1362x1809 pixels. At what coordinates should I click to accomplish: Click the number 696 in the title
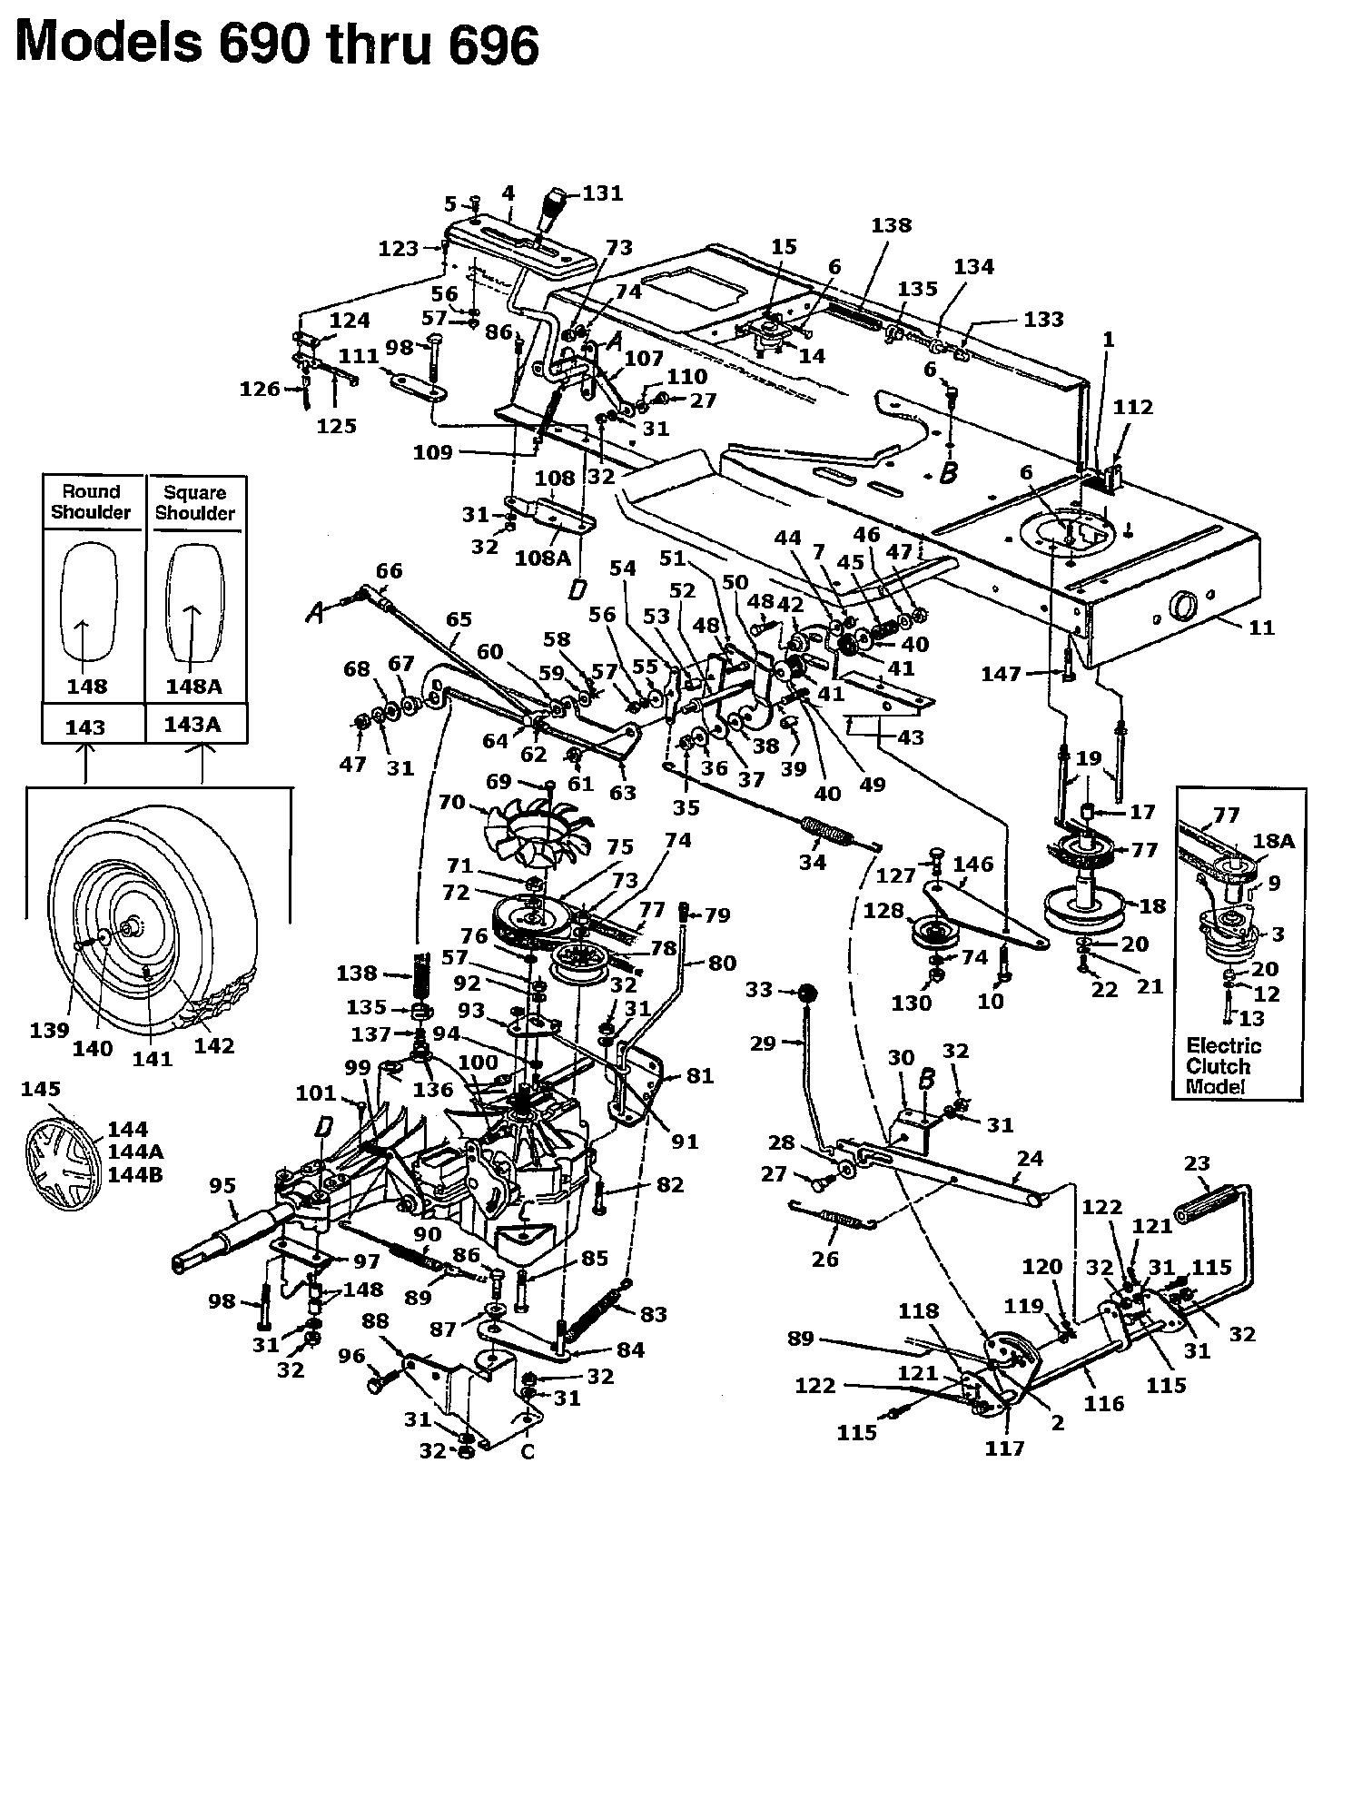click(493, 44)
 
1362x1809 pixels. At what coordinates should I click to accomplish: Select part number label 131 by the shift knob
click(603, 193)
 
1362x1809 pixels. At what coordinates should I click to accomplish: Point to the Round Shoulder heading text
click(91, 501)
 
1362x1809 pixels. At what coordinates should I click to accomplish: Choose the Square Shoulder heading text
click(195, 502)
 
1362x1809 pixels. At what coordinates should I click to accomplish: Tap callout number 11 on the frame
click(1262, 627)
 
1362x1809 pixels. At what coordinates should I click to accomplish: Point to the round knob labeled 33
click(804, 993)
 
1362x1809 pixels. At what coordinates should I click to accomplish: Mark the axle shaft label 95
click(222, 1185)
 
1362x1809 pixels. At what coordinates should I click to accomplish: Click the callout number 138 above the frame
click(891, 224)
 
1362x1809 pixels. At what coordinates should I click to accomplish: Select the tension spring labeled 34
click(826, 831)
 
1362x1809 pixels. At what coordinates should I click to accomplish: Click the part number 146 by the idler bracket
click(973, 864)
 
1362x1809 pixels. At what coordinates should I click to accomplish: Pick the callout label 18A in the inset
click(1274, 841)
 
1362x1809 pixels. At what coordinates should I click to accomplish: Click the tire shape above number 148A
click(194, 603)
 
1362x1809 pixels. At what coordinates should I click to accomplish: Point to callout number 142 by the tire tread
click(214, 1044)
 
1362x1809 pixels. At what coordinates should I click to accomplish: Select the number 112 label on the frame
click(1133, 407)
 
